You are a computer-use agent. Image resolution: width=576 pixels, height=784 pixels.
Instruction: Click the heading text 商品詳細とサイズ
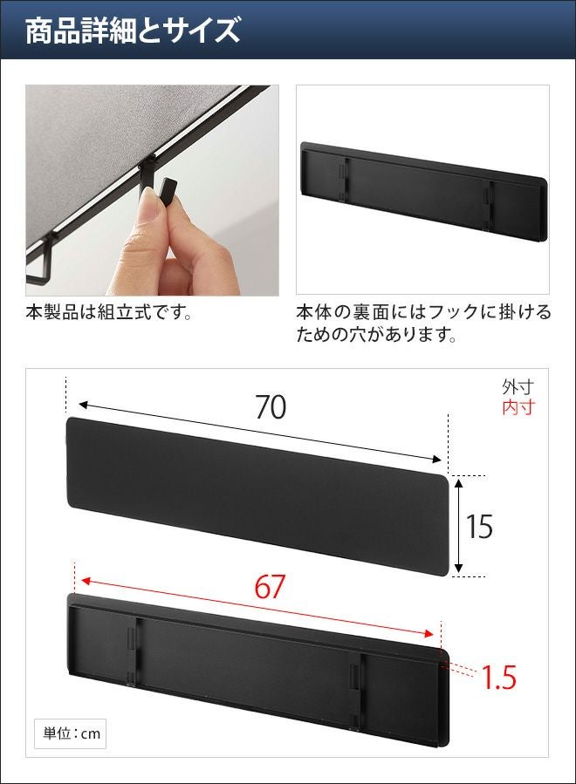pyautogui.click(x=134, y=31)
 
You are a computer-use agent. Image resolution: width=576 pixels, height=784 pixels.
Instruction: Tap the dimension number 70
pyautogui.click(x=271, y=407)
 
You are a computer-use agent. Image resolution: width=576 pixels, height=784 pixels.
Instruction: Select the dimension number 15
pyautogui.click(x=479, y=527)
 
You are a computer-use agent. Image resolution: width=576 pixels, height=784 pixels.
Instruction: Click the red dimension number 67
pyautogui.click(x=270, y=587)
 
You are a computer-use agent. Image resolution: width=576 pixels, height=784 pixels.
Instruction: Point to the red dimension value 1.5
pyautogui.click(x=498, y=678)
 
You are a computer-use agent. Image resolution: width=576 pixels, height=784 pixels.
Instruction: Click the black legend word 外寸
pyautogui.click(x=518, y=386)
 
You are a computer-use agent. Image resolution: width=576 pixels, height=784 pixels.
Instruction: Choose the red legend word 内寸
pyautogui.click(x=518, y=407)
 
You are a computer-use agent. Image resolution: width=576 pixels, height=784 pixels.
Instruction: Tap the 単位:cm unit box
pyautogui.click(x=71, y=734)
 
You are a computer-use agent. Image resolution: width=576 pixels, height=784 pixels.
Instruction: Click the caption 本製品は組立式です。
pyautogui.click(x=109, y=313)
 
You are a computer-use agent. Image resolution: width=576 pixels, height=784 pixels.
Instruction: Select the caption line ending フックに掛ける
pyautogui.click(x=423, y=312)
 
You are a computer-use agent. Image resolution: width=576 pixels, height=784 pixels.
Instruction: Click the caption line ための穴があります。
pyautogui.click(x=376, y=335)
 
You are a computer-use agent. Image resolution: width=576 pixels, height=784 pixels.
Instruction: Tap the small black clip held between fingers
pyautogui.click(x=169, y=192)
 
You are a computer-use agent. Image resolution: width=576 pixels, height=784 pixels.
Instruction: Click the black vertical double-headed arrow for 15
pyautogui.click(x=459, y=526)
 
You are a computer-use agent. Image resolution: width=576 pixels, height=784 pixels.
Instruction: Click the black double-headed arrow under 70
pyautogui.click(x=260, y=432)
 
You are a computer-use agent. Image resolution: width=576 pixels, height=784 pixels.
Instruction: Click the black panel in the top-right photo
pyautogui.click(x=424, y=184)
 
